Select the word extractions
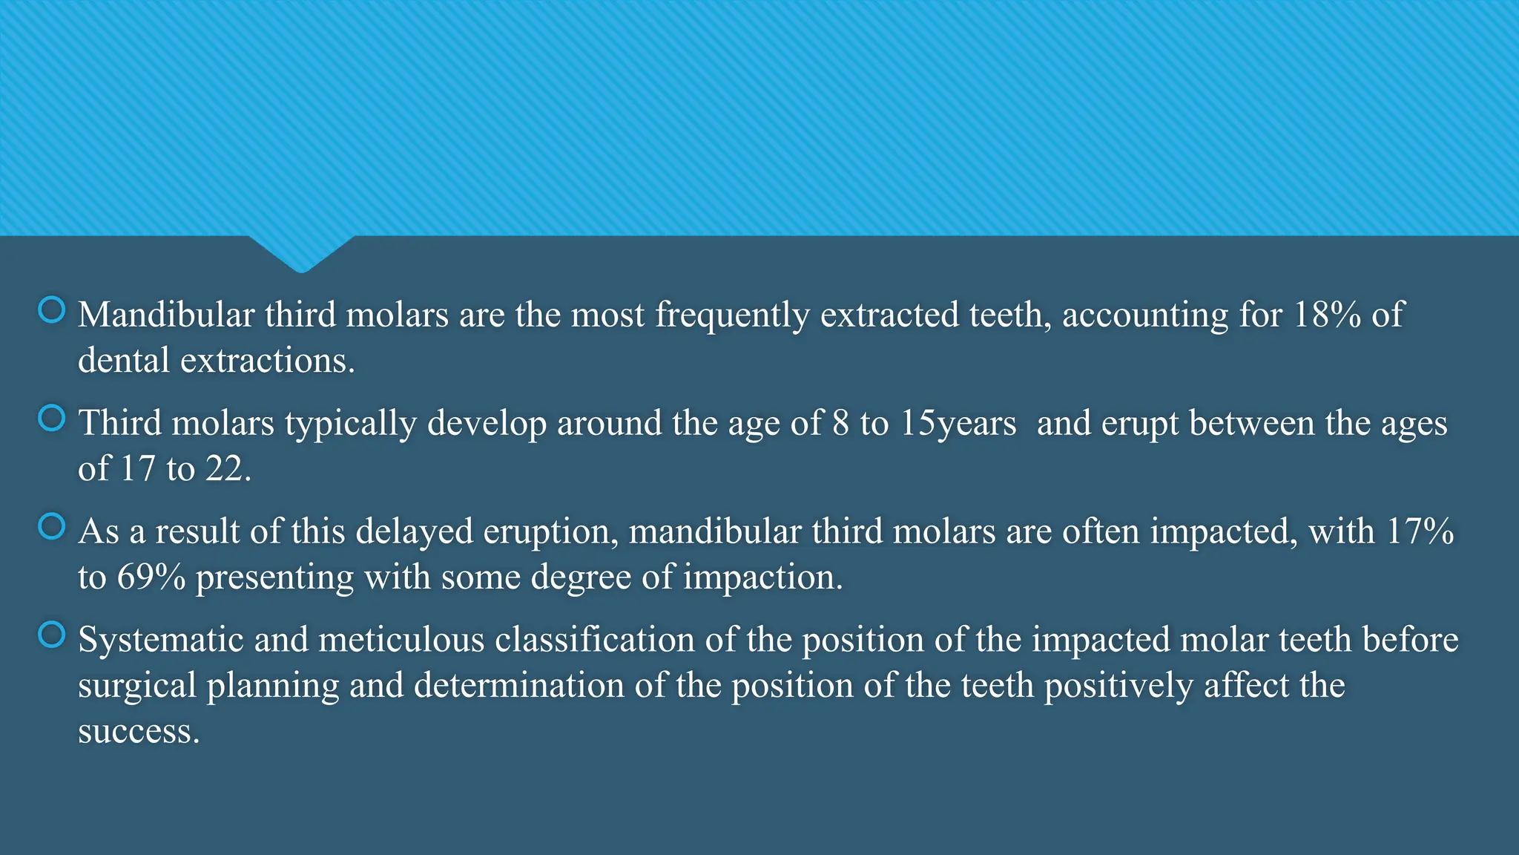click(x=267, y=361)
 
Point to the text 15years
click(x=958, y=424)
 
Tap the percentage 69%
click(x=151, y=577)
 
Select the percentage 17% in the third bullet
click(x=1420, y=531)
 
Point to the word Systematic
click(x=161, y=640)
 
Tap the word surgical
click(x=137, y=687)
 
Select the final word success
click(x=139, y=732)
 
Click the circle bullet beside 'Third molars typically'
click(x=52, y=419)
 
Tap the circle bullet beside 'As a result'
click(x=52, y=527)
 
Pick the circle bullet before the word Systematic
click(x=52, y=635)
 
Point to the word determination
click(x=519, y=686)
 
